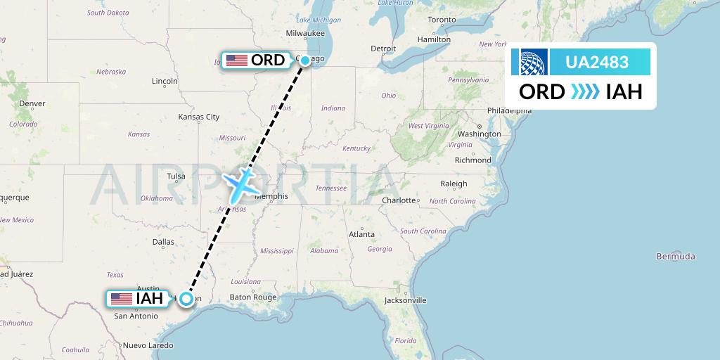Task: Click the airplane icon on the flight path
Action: (241, 183)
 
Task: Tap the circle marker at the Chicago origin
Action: (305, 60)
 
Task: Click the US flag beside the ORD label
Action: (237, 60)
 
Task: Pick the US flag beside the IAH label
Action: (122, 299)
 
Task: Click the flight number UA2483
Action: (597, 63)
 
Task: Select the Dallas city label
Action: (162, 241)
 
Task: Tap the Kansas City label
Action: (199, 117)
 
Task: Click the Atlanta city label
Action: (361, 234)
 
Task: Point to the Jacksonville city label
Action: (405, 300)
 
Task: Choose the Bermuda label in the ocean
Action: (675, 256)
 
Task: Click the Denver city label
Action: (32, 103)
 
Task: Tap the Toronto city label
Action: (442, 20)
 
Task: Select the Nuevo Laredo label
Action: (148, 345)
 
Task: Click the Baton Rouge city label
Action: (253, 297)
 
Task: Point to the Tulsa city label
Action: (176, 176)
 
